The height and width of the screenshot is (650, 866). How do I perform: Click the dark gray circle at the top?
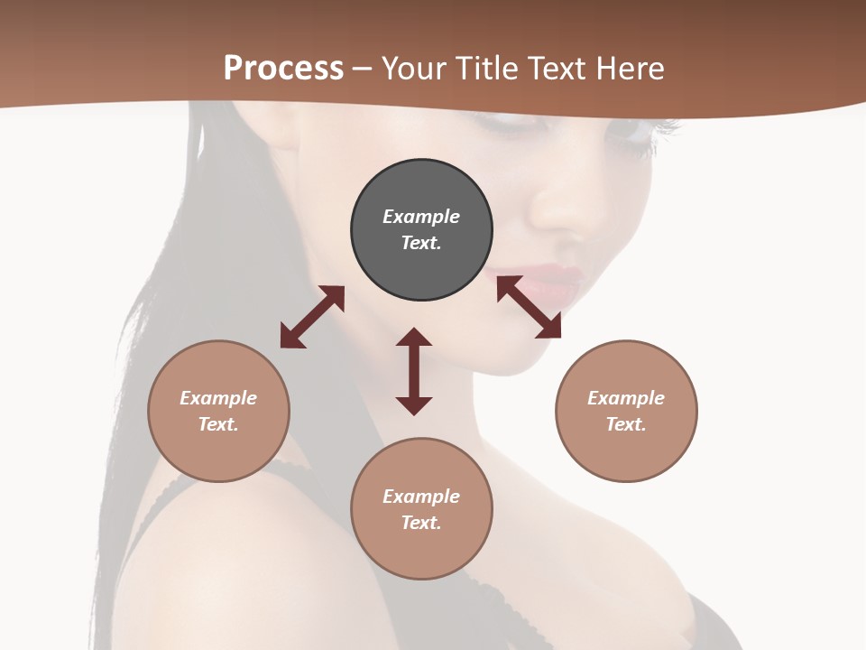(x=421, y=230)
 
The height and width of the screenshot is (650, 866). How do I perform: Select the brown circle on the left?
(x=218, y=411)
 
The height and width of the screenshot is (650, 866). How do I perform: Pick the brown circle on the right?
(x=626, y=411)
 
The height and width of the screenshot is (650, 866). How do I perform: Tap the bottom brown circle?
(x=421, y=509)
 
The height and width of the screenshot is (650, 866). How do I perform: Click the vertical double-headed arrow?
(x=414, y=371)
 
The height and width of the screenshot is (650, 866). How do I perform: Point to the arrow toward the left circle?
(x=312, y=317)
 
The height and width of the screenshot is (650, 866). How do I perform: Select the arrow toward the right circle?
(x=529, y=307)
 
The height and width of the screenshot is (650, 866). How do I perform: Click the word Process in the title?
(x=283, y=68)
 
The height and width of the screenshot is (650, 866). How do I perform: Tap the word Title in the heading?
(x=487, y=68)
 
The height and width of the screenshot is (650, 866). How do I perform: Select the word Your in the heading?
(x=415, y=68)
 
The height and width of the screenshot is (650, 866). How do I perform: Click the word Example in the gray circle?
(x=421, y=217)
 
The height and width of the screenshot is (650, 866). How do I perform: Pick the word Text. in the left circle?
(x=218, y=424)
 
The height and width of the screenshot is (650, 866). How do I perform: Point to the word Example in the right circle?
(x=626, y=398)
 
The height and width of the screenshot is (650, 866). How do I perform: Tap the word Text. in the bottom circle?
(x=421, y=523)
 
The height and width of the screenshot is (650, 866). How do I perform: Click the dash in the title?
(x=362, y=69)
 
